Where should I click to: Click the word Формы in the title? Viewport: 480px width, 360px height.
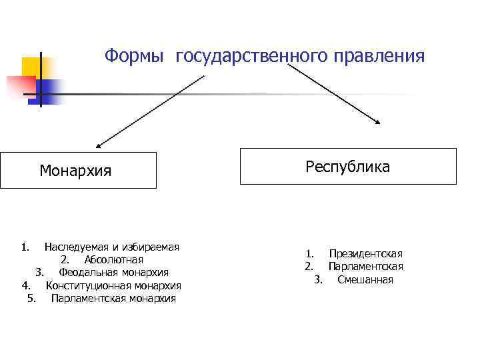[134, 56]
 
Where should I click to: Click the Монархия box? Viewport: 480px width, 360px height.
[78, 171]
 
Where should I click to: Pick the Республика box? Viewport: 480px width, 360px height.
[348, 166]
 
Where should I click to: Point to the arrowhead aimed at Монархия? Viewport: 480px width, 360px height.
[99, 144]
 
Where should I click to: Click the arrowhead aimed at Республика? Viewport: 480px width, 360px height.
[378, 121]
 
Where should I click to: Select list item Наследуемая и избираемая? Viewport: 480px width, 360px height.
[111, 247]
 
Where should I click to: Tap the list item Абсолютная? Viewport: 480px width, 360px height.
[113, 260]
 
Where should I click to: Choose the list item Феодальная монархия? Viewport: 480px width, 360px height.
[113, 273]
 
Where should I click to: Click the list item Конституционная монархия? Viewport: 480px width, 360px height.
[113, 286]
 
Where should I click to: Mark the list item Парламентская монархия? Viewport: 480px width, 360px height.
[113, 299]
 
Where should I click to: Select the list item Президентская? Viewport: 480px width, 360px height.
[365, 254]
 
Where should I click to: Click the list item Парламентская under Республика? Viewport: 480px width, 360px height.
[365, 267]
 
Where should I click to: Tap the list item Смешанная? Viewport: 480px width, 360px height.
[365, 280]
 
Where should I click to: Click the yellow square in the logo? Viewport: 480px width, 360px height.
[31, 67]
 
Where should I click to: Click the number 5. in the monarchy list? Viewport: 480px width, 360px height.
[32, 299]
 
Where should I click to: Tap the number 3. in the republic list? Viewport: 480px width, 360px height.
[318, 280]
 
